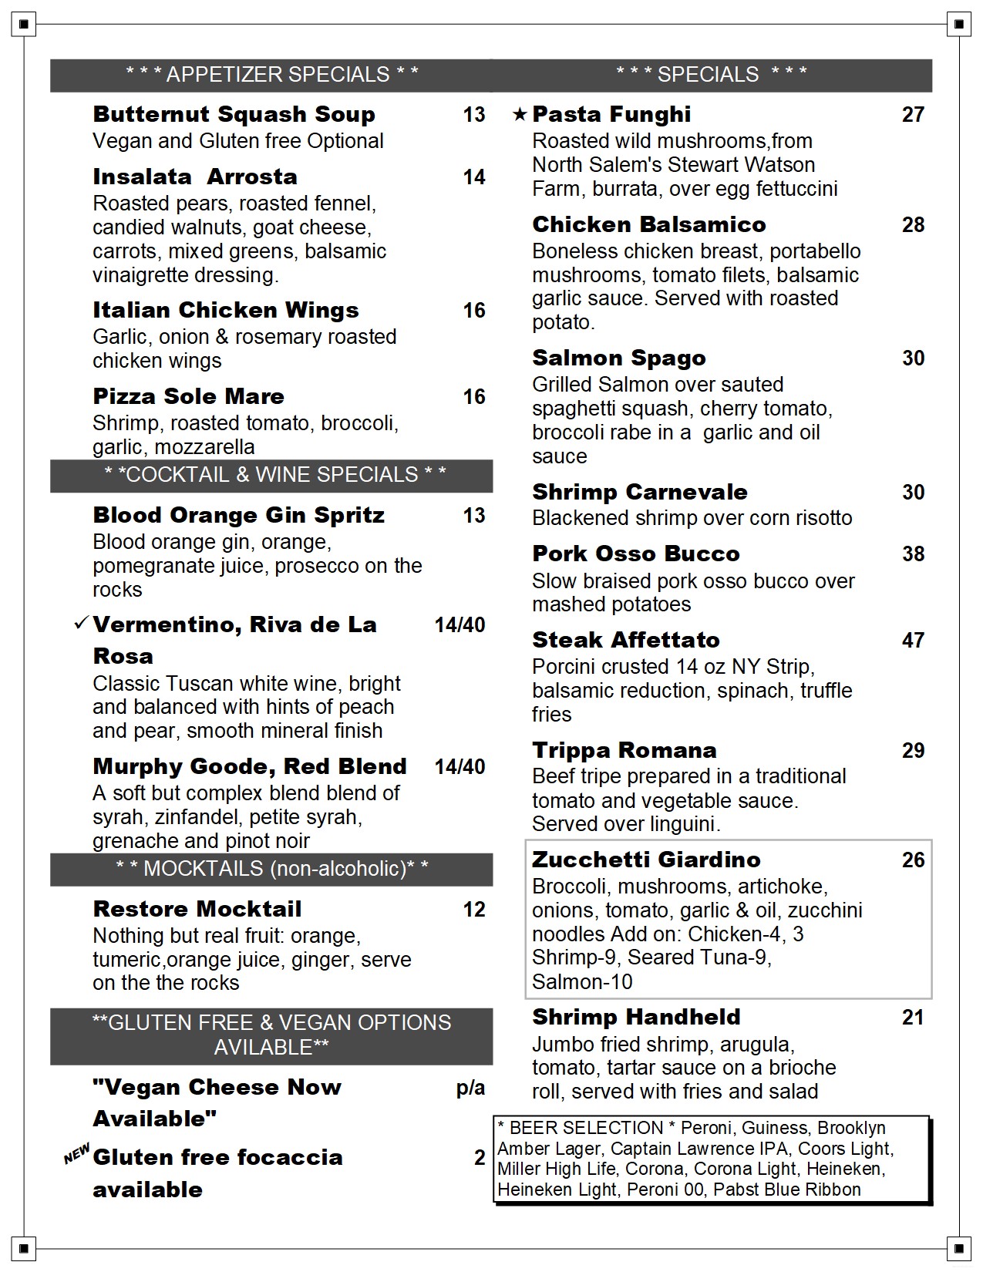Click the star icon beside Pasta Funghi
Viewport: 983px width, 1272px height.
click(520, 115)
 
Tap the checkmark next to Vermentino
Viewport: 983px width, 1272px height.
click(81, 623)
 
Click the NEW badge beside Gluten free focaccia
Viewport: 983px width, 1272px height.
click(76, 1153)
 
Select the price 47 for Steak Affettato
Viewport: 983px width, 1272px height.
click(913, 641)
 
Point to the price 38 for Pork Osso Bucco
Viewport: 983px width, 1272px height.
click(913, 554)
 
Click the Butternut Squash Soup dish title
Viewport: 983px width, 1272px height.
click(234, 114)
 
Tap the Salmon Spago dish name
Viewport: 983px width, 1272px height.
click(618, 358)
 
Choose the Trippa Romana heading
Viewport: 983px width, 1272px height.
click(624, 750)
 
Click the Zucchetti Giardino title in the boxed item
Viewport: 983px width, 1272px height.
click(646, 860)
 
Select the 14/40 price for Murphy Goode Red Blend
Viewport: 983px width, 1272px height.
click(460, 767)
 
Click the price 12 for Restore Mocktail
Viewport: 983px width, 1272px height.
click(474, 910)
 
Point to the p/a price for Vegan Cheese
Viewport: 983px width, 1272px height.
click(470, 1088)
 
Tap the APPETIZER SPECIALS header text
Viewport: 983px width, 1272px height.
click(272, 75)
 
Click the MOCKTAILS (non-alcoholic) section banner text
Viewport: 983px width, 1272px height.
click(272, 869)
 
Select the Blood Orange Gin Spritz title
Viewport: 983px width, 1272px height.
click(238, 515)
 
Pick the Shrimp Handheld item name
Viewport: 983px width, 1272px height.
click(636, 1018)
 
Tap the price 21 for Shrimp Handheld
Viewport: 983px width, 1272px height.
click(913, 1018)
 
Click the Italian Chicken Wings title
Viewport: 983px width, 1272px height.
click(225, 310)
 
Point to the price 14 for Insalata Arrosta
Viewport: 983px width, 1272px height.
click(474, 177)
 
